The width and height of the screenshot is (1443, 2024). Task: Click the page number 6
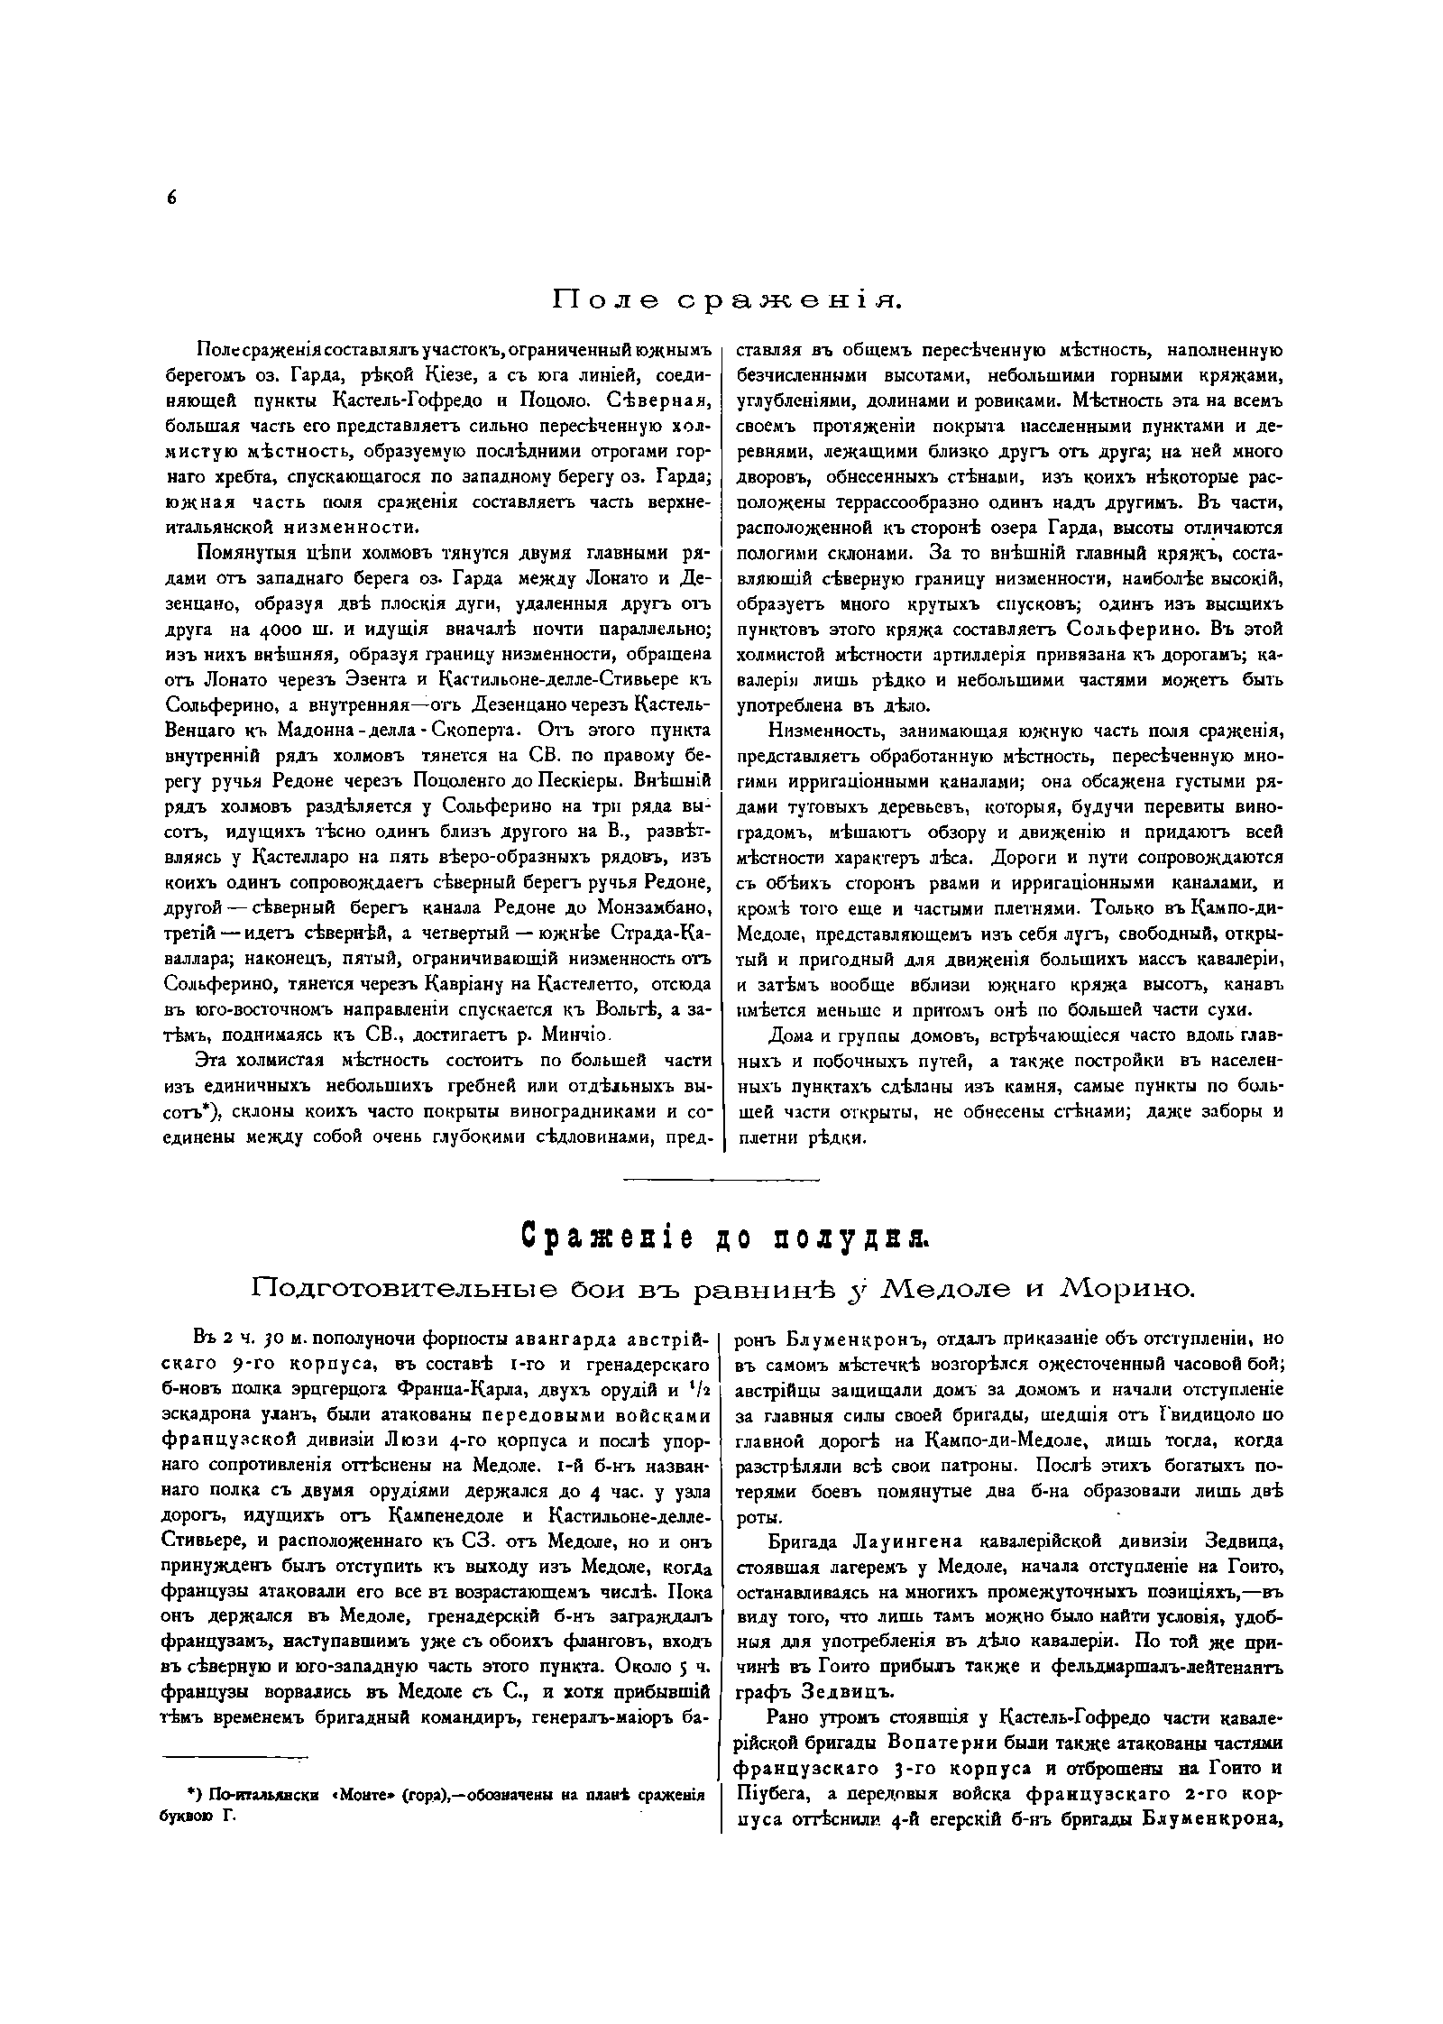171,199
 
